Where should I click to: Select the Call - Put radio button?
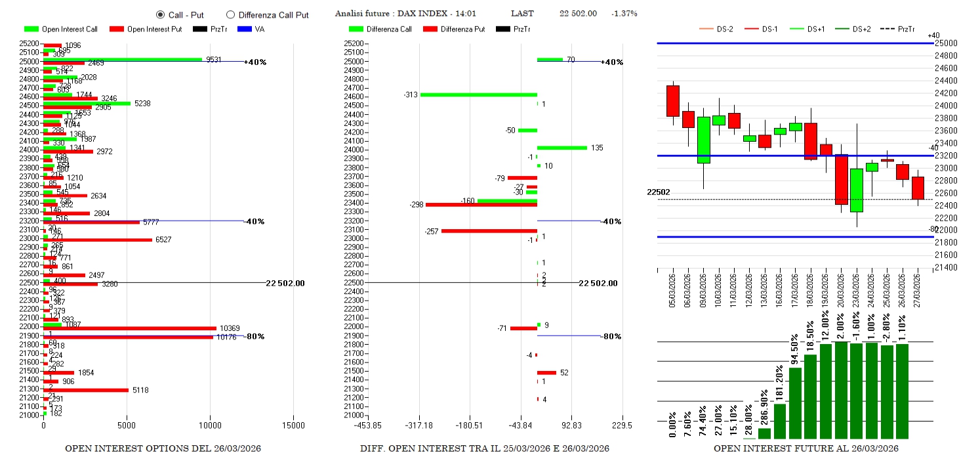point(160,14)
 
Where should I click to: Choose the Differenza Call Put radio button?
point(230,14)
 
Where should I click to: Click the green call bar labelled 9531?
point(123,59)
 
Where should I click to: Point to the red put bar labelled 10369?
point(130,328)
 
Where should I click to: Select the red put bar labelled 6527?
point(98,240)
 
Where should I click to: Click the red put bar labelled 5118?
point(86,390)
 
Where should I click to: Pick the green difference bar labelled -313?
point(478,95)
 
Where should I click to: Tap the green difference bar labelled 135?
point(561,148)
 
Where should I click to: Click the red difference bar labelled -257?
point(489,230)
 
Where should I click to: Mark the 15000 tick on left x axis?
point(293,425)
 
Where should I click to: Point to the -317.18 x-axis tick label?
point(419,425)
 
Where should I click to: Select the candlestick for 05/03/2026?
point(672,101)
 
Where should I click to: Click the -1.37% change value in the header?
point(624,14)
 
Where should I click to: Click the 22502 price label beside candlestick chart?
point(658,192)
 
